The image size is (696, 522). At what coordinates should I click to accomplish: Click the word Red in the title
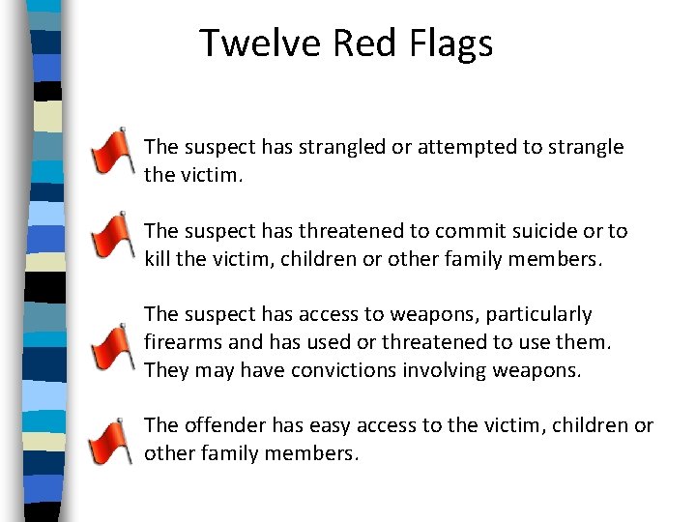tap(358, 43)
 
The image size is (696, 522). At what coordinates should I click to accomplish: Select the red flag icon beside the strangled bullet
tap(112, 151)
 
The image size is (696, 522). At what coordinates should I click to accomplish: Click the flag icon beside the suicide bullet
tap(112, 236)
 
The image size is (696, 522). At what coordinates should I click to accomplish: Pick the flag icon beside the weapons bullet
tap(112, 346)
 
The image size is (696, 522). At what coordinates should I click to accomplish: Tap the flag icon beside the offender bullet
tap(112, 441)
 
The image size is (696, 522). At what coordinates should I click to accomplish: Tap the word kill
tap(158, 259)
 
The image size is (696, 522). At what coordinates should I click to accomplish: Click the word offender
tap(221, 425)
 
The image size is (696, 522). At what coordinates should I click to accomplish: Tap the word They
tap(165, 370)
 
